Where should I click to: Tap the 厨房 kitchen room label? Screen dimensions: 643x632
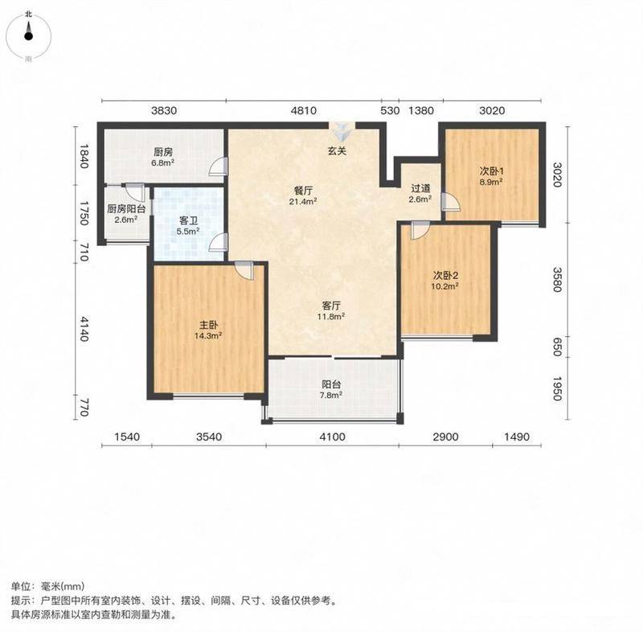[x=163, y=153]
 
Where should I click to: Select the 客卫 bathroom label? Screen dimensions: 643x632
[x=188, y=221]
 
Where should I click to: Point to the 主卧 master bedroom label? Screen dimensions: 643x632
[x=208, y=325]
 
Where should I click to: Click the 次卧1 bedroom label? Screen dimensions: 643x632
[x=491, y=171]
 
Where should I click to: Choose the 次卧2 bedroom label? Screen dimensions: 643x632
[x=445, y=275]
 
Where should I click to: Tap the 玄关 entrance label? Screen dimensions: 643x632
[x=337, y=151]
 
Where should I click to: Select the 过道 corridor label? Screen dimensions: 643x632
[x=420, y=188]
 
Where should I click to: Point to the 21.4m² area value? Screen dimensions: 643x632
[x=304, y=201]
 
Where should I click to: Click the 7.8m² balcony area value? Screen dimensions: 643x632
[x=331, y=395]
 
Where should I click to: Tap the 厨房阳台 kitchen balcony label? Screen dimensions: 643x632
[x=126, y=209]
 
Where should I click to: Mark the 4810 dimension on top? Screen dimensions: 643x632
[x=304, y=111]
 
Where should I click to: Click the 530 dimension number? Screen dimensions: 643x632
[x=390, y=111]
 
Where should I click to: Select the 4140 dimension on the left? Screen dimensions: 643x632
[x=84, y=329]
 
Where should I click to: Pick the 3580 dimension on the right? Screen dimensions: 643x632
[x=556, y=280]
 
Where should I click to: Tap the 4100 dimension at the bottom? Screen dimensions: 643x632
[x=333, y=437]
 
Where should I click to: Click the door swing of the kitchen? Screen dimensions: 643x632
[x=217, y=166]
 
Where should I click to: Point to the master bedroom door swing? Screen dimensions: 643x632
[x=245, y=271]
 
